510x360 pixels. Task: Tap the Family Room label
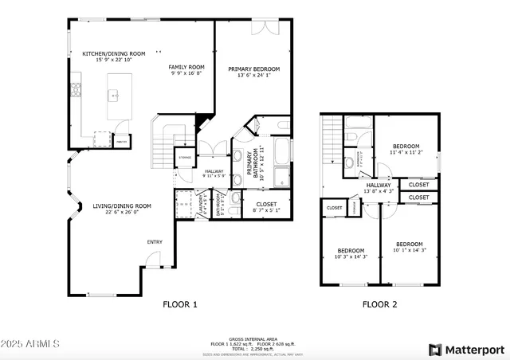pos(186,70)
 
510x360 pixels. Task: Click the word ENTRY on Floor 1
pos(155,242)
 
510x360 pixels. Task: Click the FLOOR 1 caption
pos(179,304)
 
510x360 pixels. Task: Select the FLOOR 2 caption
pos(379,304)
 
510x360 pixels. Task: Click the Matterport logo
pos(466,349)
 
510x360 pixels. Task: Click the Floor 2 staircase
pos(331,143)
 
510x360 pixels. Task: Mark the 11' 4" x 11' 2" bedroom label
pos(406,149)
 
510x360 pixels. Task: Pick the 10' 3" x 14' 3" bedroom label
pos(350,253)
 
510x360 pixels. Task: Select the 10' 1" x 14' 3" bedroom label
pos(410,247)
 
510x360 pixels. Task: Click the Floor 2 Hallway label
pos(379,188)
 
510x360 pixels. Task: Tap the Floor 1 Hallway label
pos(214,173)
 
